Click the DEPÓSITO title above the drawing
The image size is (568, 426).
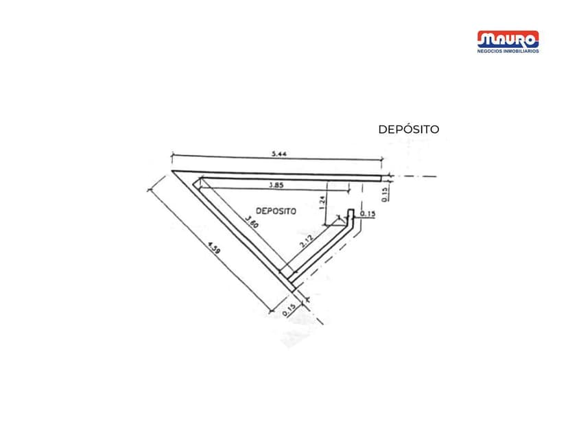[x=408, y=129]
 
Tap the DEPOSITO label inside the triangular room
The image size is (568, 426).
[x=276, y=211]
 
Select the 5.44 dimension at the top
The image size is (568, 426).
[x=279, y=154]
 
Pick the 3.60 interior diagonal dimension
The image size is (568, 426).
[x=253, y=224]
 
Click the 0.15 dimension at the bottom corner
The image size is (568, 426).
[x=289, y=309]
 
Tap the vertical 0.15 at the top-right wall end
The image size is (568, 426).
[x=385, y=195]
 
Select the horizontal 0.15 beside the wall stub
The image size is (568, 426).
[x=368, y=214]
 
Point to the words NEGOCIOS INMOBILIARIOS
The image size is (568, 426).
[x=508, y=51]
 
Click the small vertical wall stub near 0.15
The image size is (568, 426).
[x=351, y=215]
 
